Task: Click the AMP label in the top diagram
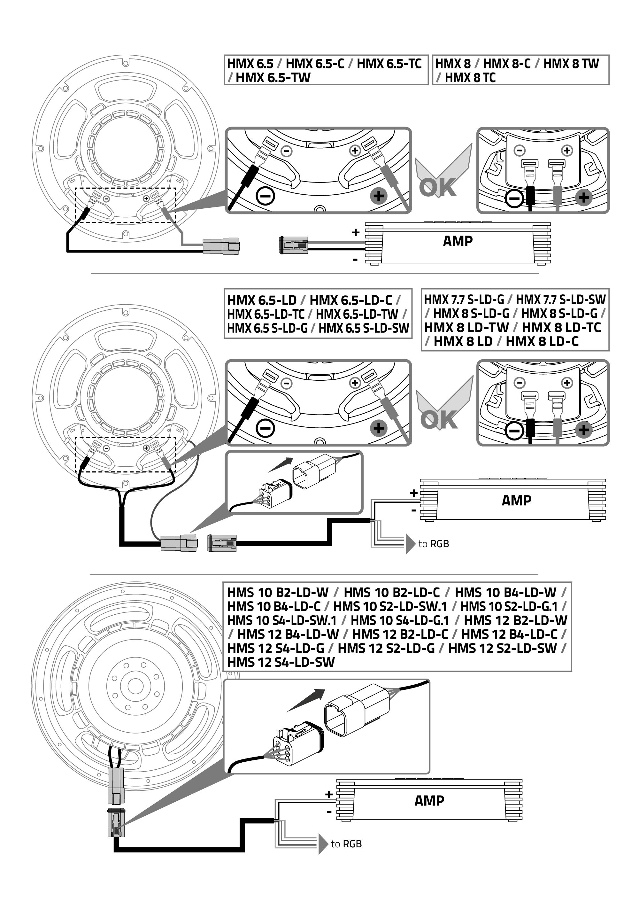tap(458, 241)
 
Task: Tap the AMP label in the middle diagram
tap(516, 500)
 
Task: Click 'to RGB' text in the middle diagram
tap(434, 544)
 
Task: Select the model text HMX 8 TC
tap(470, 78)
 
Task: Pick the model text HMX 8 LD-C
tap(542, 341)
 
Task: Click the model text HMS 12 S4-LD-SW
tap(281, 662)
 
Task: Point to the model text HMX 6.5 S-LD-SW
tap(364, 328)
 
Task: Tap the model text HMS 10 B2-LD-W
tap(278, 592)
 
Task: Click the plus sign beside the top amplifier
tap(356, 232)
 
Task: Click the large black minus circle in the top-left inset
tap(265, 196)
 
